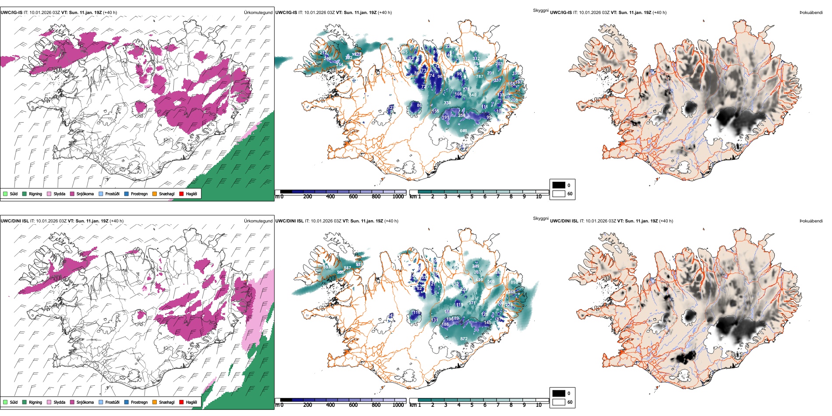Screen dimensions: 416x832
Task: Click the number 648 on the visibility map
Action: point(463,130)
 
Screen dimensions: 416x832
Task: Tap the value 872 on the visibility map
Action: point(464,338)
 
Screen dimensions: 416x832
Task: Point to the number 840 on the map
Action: point(472,95)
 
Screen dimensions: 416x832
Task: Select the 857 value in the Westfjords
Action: point(347,268)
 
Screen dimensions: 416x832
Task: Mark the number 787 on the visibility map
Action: point(479,76)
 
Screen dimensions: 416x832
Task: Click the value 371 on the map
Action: point(472,303)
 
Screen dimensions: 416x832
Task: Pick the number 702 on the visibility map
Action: point(349,58)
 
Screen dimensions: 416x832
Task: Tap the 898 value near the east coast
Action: point(514,282)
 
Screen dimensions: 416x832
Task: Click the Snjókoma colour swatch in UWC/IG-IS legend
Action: point(72,194)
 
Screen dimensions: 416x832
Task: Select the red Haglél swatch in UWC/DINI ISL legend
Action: point(181,402)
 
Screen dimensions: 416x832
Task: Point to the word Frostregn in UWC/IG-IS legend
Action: point(139,194)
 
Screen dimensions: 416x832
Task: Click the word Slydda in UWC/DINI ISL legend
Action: point(60,402)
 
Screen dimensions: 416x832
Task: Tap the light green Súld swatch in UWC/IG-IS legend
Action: point(5,194)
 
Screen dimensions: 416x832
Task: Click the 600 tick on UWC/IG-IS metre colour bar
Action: point(353,197)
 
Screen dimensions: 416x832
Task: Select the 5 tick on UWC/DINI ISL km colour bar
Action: point(472,405)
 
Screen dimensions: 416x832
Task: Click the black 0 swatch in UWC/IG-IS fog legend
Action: point(558,185)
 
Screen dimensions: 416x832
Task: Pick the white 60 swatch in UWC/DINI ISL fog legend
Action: point(558,402)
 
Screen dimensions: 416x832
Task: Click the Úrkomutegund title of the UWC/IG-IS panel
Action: point(258,12)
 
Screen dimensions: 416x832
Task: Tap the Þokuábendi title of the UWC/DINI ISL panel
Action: point(811,221)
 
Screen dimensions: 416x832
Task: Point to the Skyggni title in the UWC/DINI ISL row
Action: point(540,219)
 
